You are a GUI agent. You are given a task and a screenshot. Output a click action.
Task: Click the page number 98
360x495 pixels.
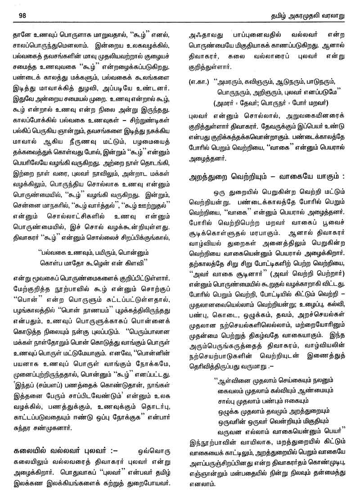[x=23, y=14]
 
